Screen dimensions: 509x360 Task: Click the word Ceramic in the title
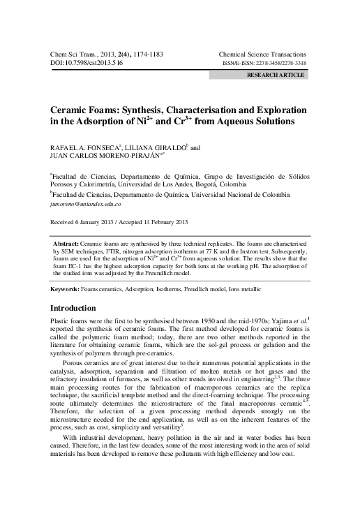(70, 110)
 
